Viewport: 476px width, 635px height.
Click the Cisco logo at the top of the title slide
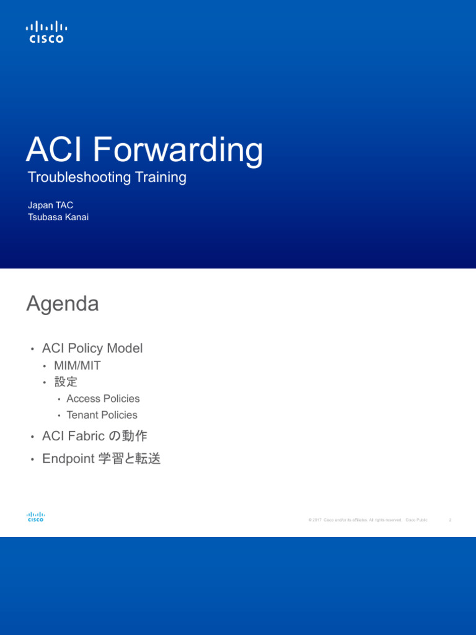(46, 32)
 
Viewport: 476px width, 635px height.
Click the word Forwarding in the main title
(180, 150)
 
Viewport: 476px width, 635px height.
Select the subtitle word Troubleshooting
(79, 177)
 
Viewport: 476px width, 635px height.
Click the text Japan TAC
(51, 205)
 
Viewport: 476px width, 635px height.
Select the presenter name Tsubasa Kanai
(58, 217)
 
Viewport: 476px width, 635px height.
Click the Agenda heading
(63, 304)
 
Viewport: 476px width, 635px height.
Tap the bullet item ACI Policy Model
(92, 349)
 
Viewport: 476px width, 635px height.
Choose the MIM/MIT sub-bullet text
(77, 366)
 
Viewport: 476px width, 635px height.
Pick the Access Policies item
(103, 399)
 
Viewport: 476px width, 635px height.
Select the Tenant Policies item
(102, 415)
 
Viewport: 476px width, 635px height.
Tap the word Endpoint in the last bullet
(68, 459)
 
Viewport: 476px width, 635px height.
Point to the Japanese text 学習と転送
(130, 459)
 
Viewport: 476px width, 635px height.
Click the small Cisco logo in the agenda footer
(35, 517)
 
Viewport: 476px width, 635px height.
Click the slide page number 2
(450, 520)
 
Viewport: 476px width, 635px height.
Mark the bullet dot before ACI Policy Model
(32, 349)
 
